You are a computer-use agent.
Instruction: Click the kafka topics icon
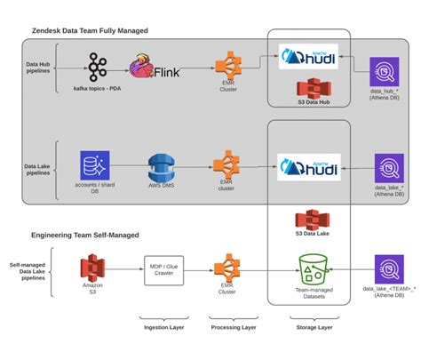tap(99, 65)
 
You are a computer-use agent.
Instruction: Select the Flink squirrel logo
tap(145, 67)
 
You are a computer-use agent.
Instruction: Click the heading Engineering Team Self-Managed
tap(85, 235)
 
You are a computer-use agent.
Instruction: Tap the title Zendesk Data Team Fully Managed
tap(90, 31)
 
